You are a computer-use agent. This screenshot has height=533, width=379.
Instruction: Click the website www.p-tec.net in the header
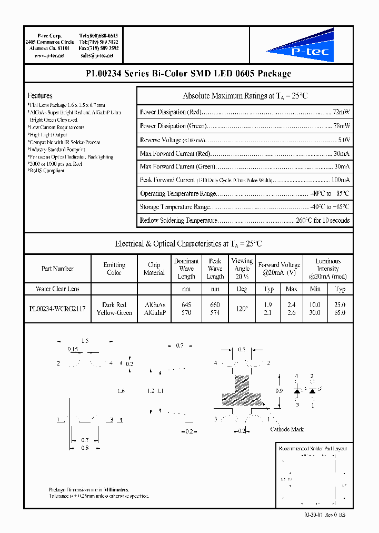point(49,55)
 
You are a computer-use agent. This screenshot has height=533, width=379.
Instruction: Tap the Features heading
point(40,96)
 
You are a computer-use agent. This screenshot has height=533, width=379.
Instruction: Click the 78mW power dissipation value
point(341,126)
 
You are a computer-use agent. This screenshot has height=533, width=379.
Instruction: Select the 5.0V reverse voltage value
point(344,140)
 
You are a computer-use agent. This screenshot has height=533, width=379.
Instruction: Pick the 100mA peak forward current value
point(340,180)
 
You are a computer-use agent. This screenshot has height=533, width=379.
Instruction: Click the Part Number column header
point(57,269)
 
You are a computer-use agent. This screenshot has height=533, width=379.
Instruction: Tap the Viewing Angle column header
point(242,268)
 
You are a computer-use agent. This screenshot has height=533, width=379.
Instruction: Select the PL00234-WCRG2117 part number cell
point(57,309)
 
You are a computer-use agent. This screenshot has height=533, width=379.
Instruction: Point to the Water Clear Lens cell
point(57,289)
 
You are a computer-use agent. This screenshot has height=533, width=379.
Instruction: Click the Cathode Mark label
point(287,429)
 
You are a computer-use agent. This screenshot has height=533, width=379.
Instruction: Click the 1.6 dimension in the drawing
point(121,391)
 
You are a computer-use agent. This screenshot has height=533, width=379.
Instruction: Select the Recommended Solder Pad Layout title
point(313,449)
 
